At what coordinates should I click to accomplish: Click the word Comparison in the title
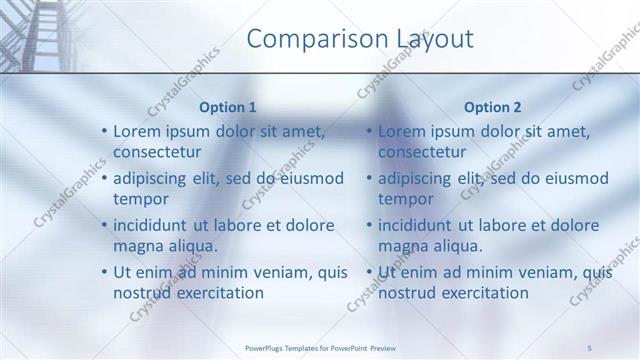click(x=309, y=40)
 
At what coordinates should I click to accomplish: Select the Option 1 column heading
click(x=228, y=107)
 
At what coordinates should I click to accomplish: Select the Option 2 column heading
click(x=493, y=107)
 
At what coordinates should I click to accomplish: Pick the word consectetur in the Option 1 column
click(x=157, y=152)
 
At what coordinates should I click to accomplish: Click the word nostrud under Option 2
click(x=405, y=292)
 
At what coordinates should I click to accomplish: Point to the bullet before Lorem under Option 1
click(x=105, y=132)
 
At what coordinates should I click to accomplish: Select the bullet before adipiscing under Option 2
click(x=370, y=179)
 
